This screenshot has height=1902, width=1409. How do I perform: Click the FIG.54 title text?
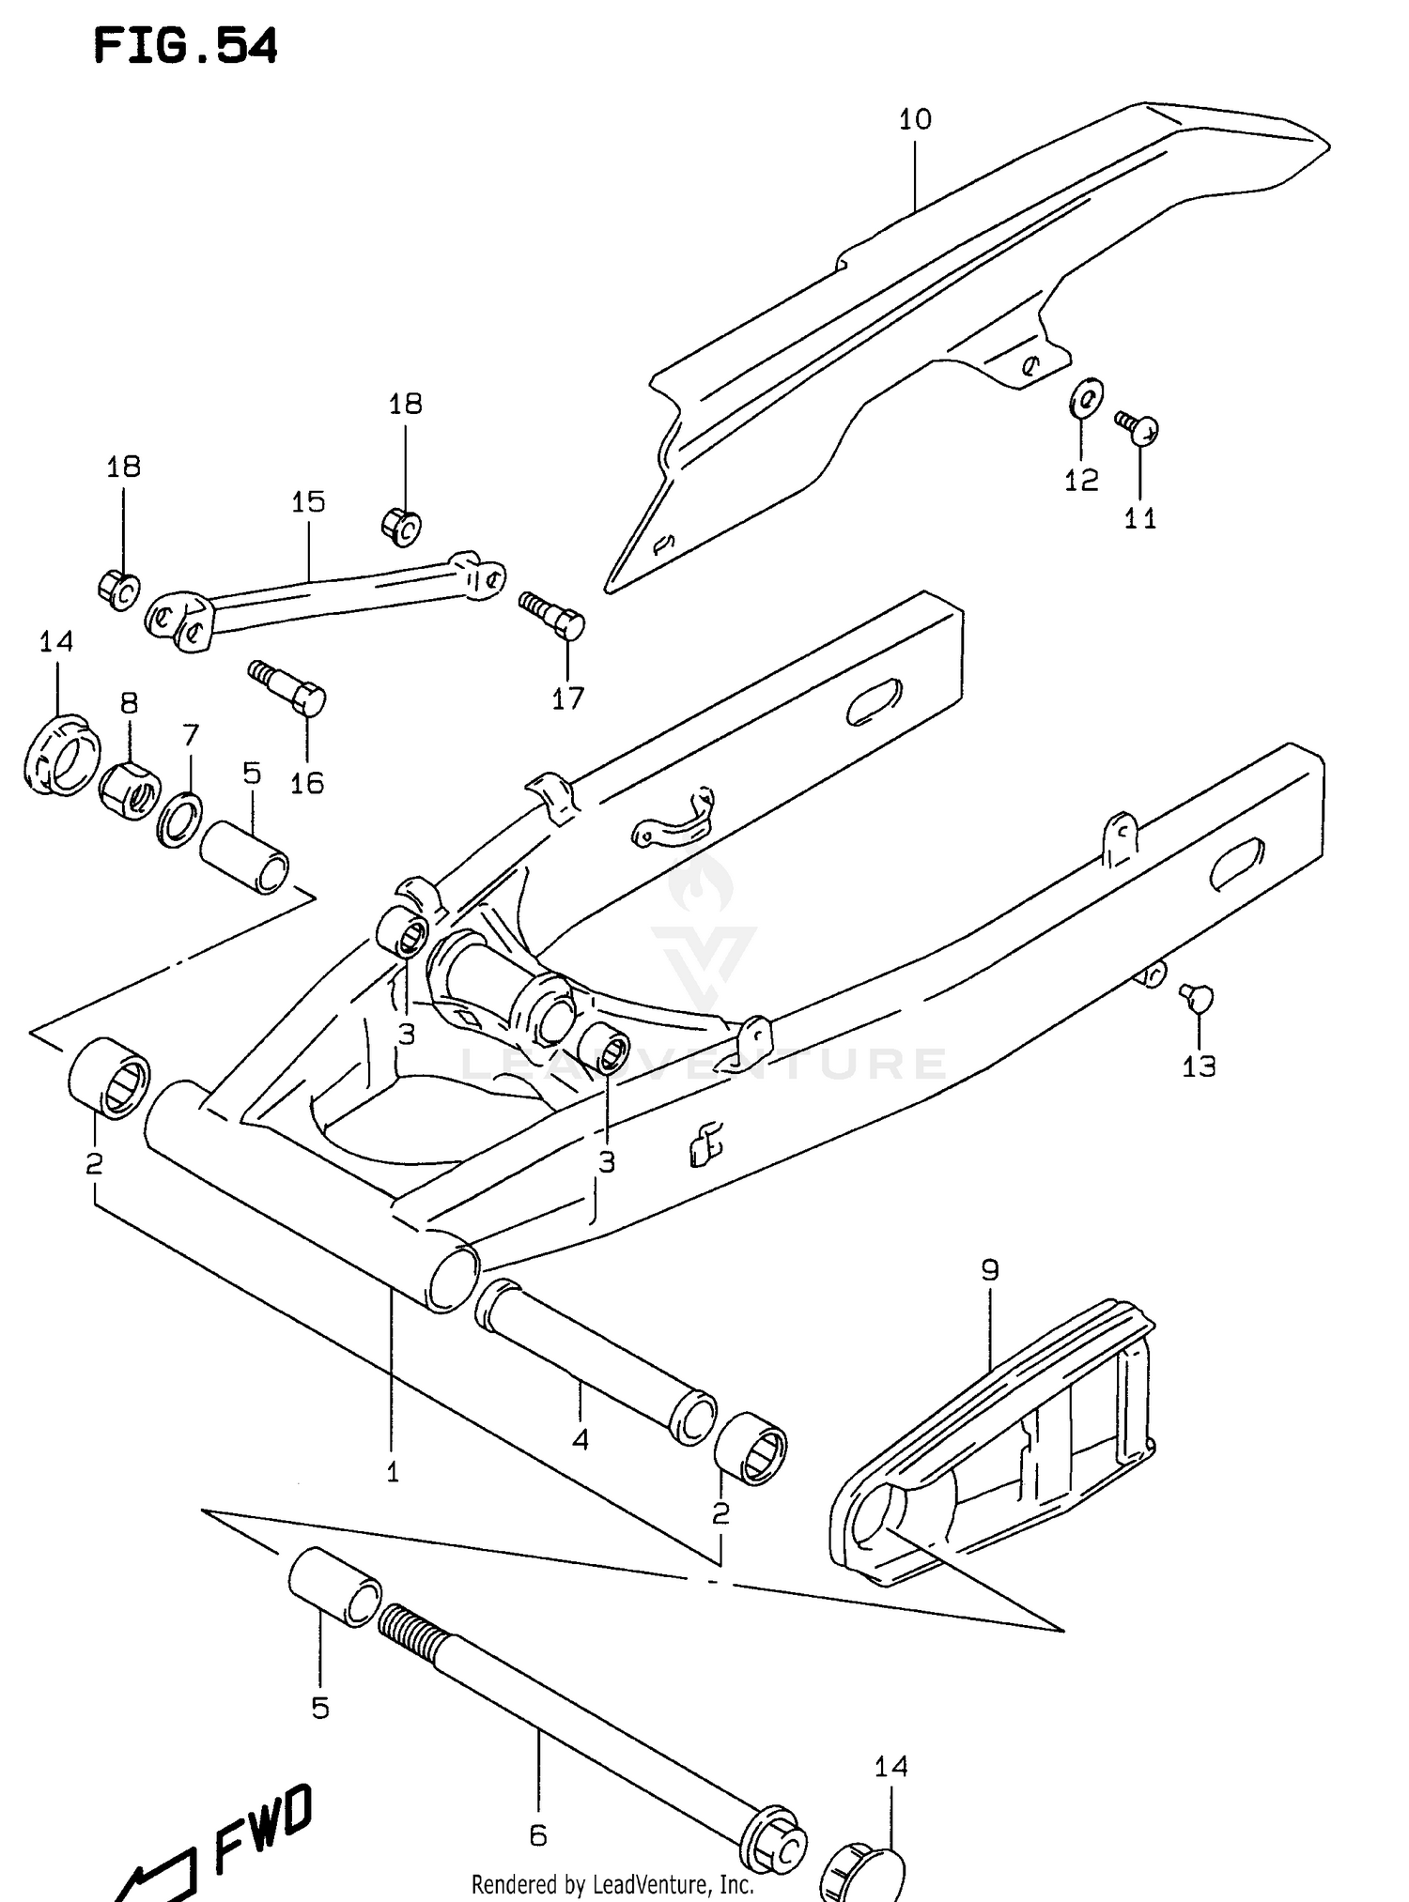[185, 46]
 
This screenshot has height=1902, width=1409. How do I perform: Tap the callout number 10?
[915, 119]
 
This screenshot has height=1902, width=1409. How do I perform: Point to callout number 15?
[308, 502]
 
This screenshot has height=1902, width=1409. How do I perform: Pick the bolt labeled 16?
[290, 688]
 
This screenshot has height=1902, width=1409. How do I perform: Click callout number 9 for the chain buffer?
[990, 1270]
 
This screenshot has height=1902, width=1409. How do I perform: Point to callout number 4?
[581, 1439]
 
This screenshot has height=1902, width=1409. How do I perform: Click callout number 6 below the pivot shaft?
[537, 1835]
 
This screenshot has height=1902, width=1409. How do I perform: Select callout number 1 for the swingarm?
[393, 1472]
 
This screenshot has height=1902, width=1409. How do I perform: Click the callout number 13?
[1199, 1066]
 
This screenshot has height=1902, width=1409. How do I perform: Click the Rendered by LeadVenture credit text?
[612, 1884]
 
